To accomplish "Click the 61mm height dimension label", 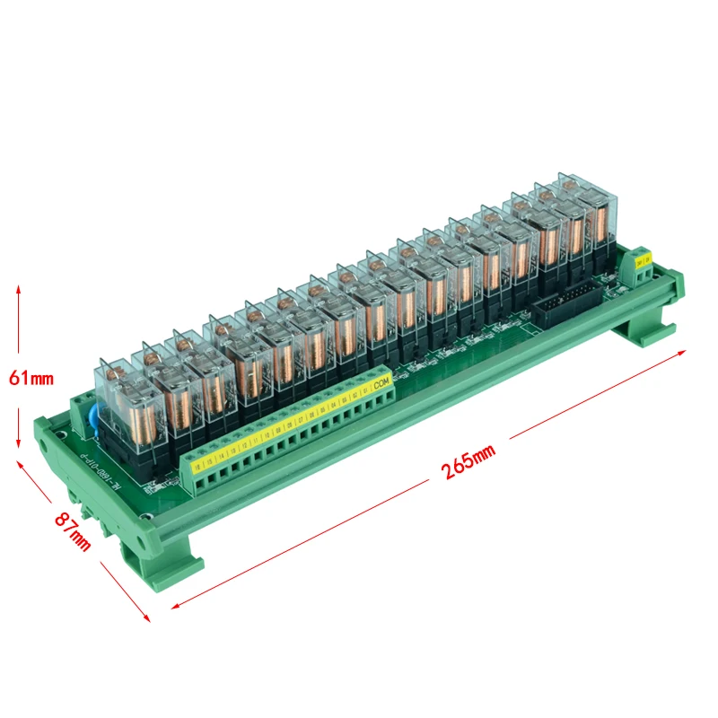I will (x=31, y=377).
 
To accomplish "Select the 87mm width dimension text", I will (x=73, y=530).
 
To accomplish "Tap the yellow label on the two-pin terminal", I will (x=644, y=259).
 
